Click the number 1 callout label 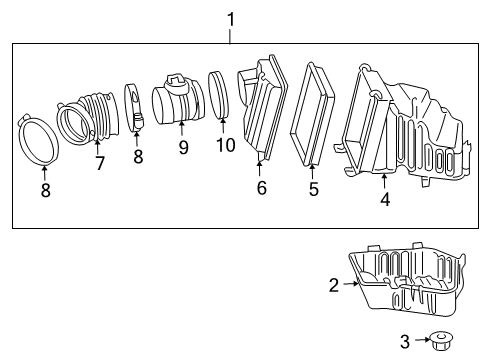[x=230, y=17]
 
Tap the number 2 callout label [x=334, y=285]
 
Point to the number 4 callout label [x=384, y=198]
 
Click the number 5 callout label [x=313, y=187]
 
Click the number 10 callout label [x=225, y=146]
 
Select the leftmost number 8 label [x=45, y=190]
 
